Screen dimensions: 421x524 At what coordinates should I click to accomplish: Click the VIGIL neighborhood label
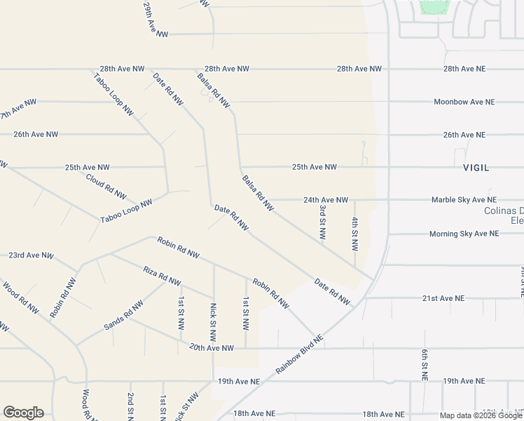click(x=476, y=168)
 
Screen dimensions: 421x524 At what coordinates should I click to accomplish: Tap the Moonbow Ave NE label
click(x=464, y=102)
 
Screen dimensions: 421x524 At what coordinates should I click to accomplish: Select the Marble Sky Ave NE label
click(x=464, y=200)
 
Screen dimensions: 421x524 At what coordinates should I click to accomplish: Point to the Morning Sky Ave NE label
click(x=464, y=234)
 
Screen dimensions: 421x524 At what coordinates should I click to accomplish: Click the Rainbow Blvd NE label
click(x=299, y=354)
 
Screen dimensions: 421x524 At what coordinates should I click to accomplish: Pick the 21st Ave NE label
click(x=443, y=298)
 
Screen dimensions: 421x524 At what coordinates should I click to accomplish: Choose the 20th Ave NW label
click(x=211, y=347)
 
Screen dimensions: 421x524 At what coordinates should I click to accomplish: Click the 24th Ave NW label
click(x=326, y=200)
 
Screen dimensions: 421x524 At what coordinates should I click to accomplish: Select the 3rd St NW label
click(x=322, y=222)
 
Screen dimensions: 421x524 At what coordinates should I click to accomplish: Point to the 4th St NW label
click(x=354, y=234)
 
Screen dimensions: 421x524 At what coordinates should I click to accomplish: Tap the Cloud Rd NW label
click(x=106, y=186)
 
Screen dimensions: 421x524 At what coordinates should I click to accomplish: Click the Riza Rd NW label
click(x=162, y=275)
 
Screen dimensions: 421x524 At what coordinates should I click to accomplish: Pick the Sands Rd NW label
click(x=123, y=314)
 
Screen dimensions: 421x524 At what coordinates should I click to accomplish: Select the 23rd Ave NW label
click(x=31, y=255)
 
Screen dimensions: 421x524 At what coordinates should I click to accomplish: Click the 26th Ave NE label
click(x=464, y=135)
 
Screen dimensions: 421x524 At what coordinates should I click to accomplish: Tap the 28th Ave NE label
click(x=464, y=69)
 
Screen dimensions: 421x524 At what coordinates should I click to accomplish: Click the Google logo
click(x=23, y=413)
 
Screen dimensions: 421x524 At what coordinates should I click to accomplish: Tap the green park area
click(x=434, y=7)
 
